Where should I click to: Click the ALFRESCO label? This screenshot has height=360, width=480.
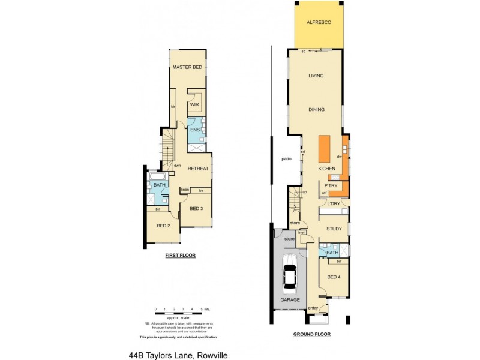[x=319, y=22]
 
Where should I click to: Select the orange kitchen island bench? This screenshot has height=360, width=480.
[x=324, y=149]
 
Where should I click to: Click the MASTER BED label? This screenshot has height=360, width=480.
[x=187, y=68]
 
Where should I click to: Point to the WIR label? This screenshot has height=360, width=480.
[x=194, y=104]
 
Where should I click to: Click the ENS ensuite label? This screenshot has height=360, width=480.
[x=194, y=130]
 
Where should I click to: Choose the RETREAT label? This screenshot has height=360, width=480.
[x=198, y=169]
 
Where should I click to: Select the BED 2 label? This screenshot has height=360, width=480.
[x=163, y=226]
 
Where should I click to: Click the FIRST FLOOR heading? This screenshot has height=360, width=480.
[x=180, y=256]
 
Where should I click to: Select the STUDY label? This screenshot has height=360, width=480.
[x=334, y=229]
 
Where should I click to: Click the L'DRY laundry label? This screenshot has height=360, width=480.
[x=333, y=204]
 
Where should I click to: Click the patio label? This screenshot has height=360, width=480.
[x=286, y=159]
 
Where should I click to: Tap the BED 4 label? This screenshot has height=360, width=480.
[x=334, y=277]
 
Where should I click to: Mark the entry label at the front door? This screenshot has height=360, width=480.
[x=313, y=308]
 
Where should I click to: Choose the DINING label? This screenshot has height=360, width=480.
[x=316, y=110]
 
